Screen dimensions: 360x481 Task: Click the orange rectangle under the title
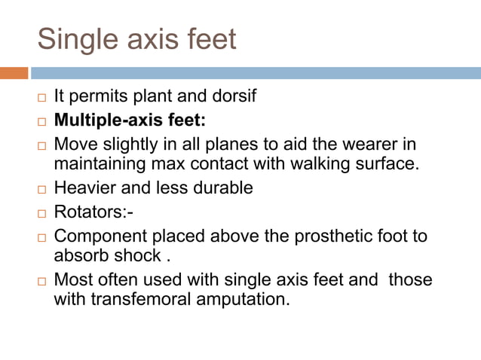tap(14, 73)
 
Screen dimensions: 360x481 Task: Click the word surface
tap(388, 163)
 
